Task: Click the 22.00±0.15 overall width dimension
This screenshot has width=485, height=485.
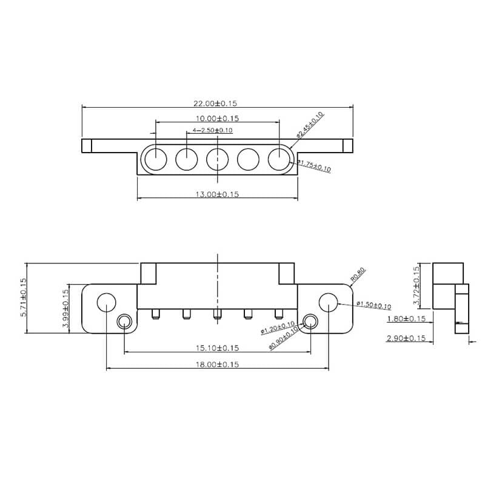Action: pos(216,104)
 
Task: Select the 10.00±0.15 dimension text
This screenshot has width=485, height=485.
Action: pos(216,118)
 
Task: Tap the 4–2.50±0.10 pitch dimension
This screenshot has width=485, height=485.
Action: pos(212,130)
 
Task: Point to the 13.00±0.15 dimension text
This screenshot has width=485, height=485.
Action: pos(216,194)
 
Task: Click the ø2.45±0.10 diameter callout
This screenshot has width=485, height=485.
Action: pos(310,125)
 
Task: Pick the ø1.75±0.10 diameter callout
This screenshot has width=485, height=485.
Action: pos(314,165)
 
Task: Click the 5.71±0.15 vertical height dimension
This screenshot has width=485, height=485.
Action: pos(24,297)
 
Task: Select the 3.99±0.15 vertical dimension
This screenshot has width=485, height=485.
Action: pos(66,308)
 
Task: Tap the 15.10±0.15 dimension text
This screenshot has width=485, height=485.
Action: pos(216,348)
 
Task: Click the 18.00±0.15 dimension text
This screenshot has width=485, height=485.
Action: pos(216,365)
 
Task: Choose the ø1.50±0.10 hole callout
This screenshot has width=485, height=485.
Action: pos(373,306)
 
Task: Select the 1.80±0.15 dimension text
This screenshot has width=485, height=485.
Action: pos(406,318)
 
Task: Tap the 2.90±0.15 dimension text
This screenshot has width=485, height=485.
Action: pos(406,338)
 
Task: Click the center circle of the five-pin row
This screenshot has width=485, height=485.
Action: pos(217,160)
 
